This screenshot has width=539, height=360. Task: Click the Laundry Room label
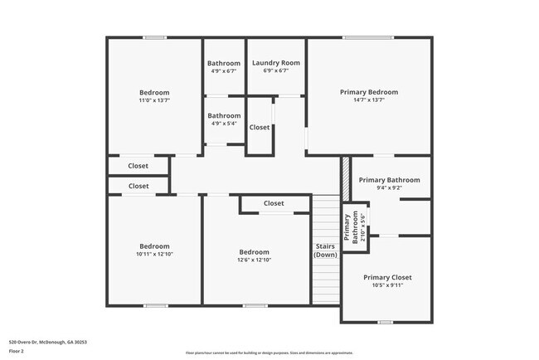pyautogui.click(x=275, y=63)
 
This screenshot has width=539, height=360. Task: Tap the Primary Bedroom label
pyautogui.click(x=369, y=92)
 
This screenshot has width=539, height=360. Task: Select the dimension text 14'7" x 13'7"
pyautogui.click(x=369, y=101)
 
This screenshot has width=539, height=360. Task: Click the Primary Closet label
pyautogui.click(x=387, y=277)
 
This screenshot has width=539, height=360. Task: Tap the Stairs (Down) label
pyautogui.click(x=325, y=251)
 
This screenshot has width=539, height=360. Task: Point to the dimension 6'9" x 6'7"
pyautogui.click(x=275, y=71)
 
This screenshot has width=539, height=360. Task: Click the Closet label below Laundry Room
pyautogui.click(x=260, y=128)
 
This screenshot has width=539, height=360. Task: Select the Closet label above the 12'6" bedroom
pyautogui.click(x=274, y=203)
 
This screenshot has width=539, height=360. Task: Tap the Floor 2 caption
pyautogui.click(x=17, y=351)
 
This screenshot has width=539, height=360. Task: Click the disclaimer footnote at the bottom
pyautogui.click(x=269, y=353)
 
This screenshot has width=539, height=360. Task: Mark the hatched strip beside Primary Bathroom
pyautogui.click(x=345, y=173)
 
